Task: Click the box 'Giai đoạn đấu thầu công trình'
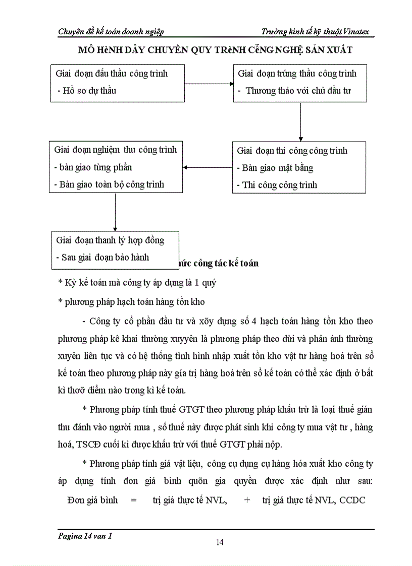point(117,82)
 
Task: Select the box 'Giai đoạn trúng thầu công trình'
point(300,82)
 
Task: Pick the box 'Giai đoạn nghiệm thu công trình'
point(117,167)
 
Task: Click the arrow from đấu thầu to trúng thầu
point(208,83)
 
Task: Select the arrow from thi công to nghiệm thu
point(207,167)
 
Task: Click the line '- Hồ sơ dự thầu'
point(87,91)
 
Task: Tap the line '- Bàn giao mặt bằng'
point(275,168)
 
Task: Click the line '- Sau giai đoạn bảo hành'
point(102,257)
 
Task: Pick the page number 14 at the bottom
point(220,542)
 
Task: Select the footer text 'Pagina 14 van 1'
point(85,537)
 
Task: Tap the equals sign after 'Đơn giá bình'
point(134,500)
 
